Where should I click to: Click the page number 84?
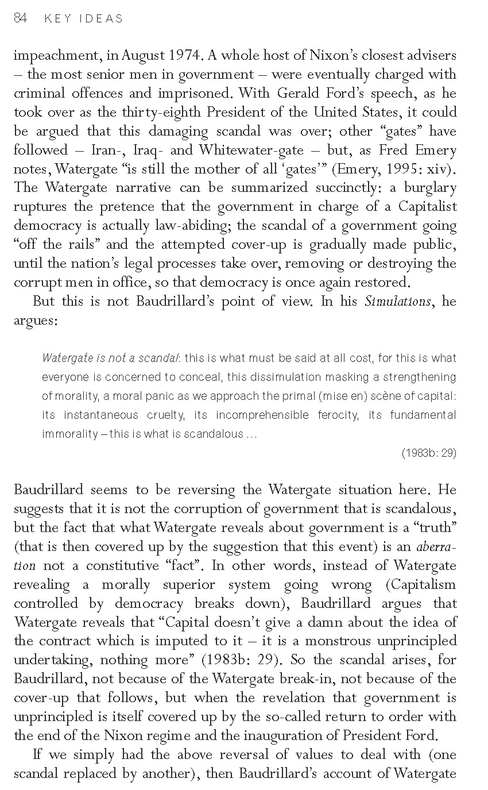click(20, 18)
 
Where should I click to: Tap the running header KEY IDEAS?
click(84, 19)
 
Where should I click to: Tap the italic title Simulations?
click(397, 302)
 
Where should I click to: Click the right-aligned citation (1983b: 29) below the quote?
click(429, 453)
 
